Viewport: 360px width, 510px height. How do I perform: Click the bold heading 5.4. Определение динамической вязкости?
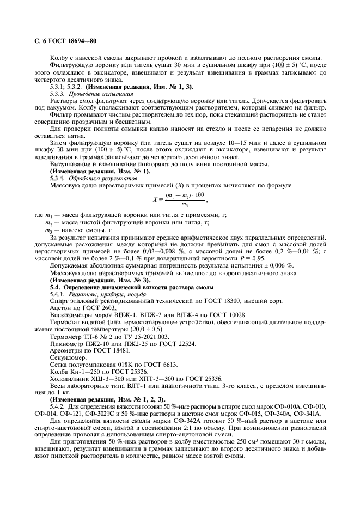pos(138,271)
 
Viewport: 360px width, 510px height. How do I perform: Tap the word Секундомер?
pos(69,342)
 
